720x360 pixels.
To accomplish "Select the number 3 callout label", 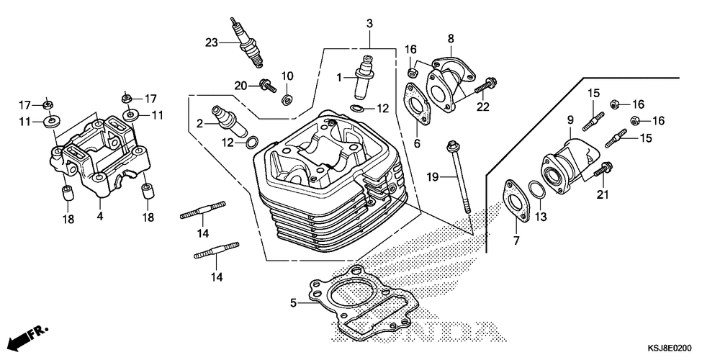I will [x=369, y=24].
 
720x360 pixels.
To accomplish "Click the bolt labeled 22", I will [x=487, y=86].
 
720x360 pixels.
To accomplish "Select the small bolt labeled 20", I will [x=267, y=86].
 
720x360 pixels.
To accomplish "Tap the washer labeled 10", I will [x=287, y=99].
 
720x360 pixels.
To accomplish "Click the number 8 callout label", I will [x=450, y=37].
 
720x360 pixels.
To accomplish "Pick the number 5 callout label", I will [x=293, y=303].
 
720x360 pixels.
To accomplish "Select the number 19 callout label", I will [x=432, y=176].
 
